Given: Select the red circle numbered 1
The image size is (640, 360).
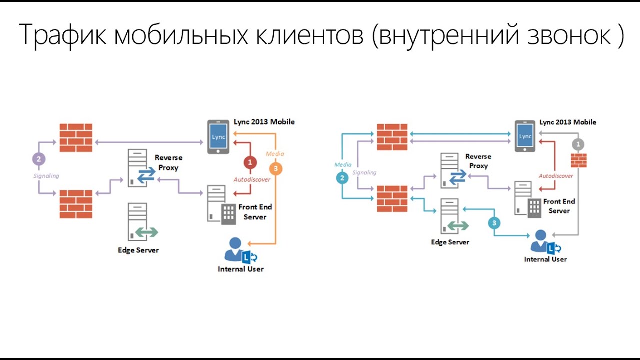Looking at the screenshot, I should (250, 162).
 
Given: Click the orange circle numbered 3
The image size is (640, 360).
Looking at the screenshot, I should (275, 168).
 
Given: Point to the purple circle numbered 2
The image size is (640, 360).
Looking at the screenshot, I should (38, 159).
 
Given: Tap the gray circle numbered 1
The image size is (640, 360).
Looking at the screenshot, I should (578, 144).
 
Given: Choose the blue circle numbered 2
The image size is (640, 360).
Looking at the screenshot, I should (342, 178).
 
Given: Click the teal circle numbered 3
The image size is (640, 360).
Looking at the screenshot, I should (494, 223).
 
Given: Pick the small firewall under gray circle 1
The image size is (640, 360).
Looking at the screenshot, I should (579, 160).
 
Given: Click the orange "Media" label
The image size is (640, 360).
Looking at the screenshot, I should (275, 154).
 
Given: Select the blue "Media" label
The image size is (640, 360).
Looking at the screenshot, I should (343, 164).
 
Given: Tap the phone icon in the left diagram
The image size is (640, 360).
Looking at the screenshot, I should (219, 136).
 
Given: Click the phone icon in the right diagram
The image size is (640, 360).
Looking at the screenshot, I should (525, 136).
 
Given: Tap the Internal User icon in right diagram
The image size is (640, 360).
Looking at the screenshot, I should (545, 242).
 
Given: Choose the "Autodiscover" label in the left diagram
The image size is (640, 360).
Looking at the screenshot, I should (252, 179).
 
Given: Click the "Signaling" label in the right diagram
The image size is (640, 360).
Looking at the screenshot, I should (364, 172).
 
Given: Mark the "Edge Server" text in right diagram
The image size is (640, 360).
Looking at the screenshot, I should (450, 242).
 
